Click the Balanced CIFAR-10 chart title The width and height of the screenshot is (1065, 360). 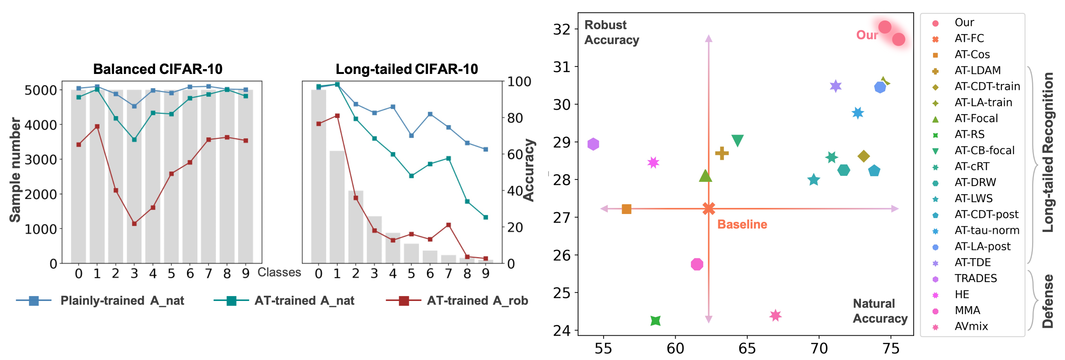point(158,69)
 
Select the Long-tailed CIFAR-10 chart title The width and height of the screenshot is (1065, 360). point(407,69)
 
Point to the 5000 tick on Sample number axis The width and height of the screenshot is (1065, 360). point(40,90)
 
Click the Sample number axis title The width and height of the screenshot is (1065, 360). point(15,170)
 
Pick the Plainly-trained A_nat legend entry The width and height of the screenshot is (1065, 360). point(122,301)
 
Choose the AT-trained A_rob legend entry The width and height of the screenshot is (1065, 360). point(477,301)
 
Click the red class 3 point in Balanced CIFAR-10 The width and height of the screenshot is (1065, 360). point(134,224)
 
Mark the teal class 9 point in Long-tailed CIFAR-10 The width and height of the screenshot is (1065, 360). point(486,217)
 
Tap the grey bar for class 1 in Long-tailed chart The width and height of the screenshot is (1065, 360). point(337,207)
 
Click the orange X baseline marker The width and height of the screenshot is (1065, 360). point(709,209)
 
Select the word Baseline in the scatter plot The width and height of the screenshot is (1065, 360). point(742,224)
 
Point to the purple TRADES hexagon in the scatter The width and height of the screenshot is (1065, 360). point(593,144)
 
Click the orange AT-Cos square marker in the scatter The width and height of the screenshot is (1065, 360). point(627,209)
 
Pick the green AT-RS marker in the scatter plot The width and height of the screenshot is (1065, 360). point(655,320)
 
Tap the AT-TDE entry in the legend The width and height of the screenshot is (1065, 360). point(972,263)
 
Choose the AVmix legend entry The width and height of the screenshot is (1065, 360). point(971,326)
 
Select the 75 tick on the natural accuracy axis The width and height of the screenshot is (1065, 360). point(891,348)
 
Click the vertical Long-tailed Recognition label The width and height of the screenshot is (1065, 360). point(1048,152)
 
